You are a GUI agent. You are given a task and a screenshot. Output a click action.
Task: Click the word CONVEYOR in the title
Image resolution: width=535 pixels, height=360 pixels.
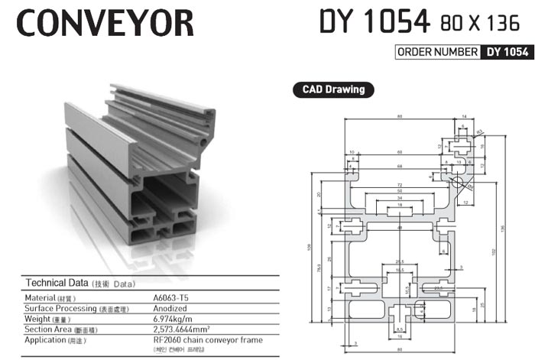coord(105,23)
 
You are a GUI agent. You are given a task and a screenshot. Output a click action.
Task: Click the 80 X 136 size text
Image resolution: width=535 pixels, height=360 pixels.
coord(478,24)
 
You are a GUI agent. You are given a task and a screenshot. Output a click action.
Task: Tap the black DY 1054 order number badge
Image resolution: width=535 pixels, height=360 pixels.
coord(504,52)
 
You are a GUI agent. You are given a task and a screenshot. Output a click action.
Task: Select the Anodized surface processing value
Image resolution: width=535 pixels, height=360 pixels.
coord(171,308)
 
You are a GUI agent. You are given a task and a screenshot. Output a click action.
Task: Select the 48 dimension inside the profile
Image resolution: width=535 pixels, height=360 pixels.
coord(398,228)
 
